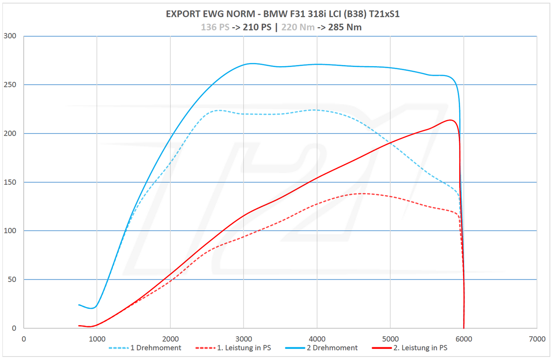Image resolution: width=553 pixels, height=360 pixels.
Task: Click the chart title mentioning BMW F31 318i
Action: (282, 14)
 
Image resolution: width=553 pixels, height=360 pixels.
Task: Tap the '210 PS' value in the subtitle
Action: (257, 27)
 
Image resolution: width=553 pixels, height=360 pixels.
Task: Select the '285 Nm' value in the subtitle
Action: (344, 27)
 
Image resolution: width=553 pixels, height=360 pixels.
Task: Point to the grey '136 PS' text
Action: (215, 27)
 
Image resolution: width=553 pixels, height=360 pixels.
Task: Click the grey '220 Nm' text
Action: (298, 27)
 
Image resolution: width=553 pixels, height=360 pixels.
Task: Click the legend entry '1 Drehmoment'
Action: (155, 348)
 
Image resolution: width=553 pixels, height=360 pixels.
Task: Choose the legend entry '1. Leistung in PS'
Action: (244, 348)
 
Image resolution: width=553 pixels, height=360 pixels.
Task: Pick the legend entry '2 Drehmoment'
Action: (332, 348)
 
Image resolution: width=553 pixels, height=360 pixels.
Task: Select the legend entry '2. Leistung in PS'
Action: (420, 348)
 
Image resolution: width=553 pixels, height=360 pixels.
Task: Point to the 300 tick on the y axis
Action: (10, 36)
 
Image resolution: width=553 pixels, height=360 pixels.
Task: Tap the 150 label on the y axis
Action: (10, 182)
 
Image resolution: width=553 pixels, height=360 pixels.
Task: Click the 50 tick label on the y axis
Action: (12, 279)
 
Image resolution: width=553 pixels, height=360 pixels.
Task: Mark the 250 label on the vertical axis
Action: (10, 85)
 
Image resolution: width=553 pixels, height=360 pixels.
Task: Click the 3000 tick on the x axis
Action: (244, 339)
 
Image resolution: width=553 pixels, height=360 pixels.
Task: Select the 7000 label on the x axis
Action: (537, 339)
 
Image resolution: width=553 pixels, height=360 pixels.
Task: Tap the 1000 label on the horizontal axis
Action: (97, 339)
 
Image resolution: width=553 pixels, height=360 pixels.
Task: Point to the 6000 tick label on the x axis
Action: (463, 339)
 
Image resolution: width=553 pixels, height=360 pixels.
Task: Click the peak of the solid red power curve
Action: (451, 120)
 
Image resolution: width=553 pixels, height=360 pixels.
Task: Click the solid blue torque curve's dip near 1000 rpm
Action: (92, 308)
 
